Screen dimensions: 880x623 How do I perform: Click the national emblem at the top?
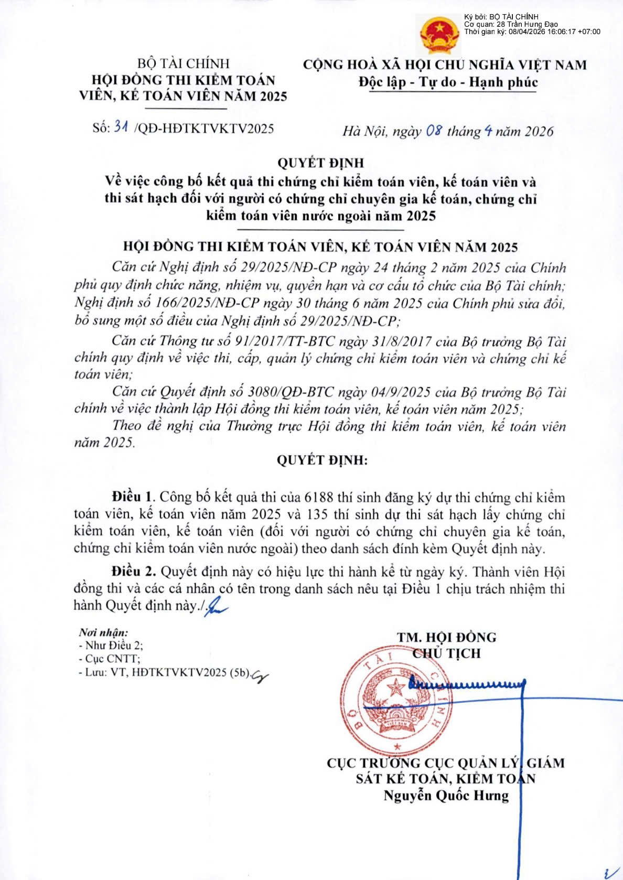[x=439, y=35]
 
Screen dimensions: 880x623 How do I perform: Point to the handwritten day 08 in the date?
[x=434, y=131]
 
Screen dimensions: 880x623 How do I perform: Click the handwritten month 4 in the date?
[x=488, y=131]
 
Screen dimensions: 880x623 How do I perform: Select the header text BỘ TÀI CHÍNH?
[x=183, y=63]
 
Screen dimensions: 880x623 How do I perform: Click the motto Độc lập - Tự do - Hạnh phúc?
[x=448, y=82]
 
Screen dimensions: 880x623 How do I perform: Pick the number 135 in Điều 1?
[x=320, y=514]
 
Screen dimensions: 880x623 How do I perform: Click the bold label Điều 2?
[x=133, y=571]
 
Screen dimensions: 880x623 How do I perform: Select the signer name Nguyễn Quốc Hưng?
[x=446, y=796]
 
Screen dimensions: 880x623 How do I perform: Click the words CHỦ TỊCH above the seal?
[x=446, y=653]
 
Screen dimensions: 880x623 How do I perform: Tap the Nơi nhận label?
[x=103, y=632]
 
